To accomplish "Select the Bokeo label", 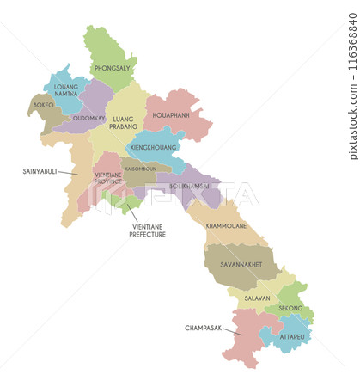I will coord(43,105).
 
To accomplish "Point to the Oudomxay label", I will coord(89,118).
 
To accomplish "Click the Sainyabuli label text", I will coord(40,172).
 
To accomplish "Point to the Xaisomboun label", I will coord(139,169).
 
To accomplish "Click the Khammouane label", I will coord(226,225).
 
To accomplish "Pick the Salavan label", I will coord(256,298).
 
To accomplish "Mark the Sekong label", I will coord(290,306).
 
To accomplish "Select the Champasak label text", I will coord(203,328).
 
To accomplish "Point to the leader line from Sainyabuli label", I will coord(69,174).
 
